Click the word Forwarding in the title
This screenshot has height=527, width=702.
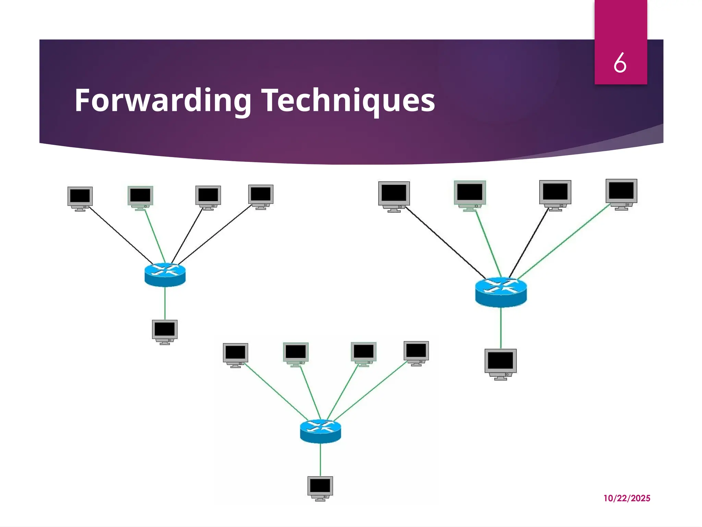click(x=163, y=100)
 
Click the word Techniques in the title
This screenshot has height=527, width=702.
click(x=348, y=100)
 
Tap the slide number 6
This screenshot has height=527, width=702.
click(x=620, y=63)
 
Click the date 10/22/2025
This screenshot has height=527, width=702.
click(x=627, y=498)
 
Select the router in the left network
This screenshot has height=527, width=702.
click(x=165, y=274)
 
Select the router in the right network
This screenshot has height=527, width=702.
click(x=501, y=292)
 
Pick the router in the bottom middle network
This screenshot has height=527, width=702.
click(x=320, y=431)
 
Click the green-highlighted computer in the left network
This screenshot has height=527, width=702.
click(x=140, y=198)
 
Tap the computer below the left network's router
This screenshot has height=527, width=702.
click(x=165, y=331)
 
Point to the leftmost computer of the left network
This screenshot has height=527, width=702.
click(x=80, y=198)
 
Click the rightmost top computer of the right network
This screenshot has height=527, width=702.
click(x=621, y=194)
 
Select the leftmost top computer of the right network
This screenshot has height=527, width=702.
click(x=394, y=196)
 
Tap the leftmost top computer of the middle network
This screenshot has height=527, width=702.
click(x=235, y=354)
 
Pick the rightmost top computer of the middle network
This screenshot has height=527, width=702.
click(x=416, y=353)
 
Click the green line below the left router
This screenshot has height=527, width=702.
click(x=165, y=303)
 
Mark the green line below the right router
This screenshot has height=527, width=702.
click(x=501, y=328)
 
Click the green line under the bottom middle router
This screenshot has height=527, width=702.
click(x=320, y=460)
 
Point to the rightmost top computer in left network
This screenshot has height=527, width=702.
click(x=261, y=197)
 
